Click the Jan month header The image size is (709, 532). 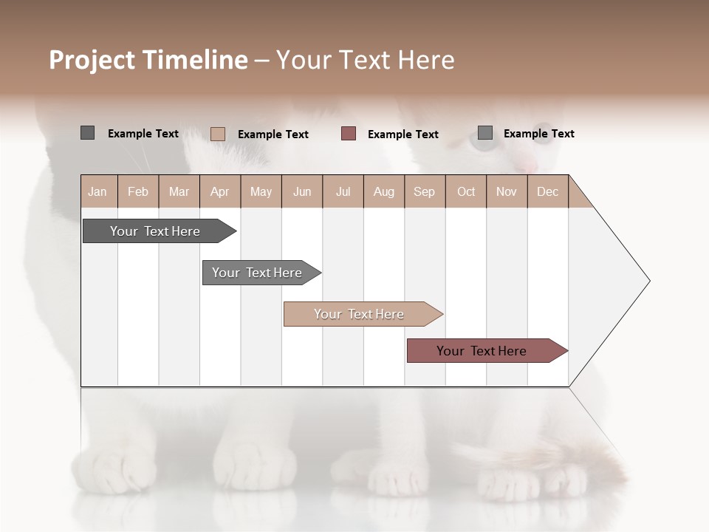click(x=97, y=191)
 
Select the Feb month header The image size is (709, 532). click(x=138, y=191)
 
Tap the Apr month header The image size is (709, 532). click(x=219, y=191)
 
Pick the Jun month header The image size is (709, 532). click(x=302, y=191)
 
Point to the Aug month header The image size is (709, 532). click(x=383, y=191)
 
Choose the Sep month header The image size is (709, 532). click(x=424, y=191)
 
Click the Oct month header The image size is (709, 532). click(x=466, y=191)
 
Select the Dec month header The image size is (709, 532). click(x=547, y=191)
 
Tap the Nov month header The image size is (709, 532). click(x=506, y=191)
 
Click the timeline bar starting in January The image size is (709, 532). click(x=155, y=231)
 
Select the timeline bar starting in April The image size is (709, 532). click(x=257, y=273)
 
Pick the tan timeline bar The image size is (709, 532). click(x=359, y=314)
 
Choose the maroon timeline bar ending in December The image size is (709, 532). click(x=482, y=351)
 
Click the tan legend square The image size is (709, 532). click(x=217, y=134)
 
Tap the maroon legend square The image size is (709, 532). click(x=349, y=134)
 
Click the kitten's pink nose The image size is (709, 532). click(x=525, y=166)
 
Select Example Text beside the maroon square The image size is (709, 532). click(x=403, y=134)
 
